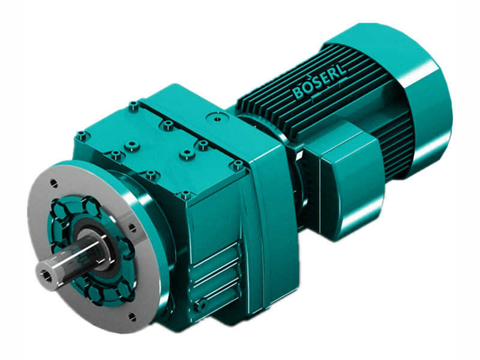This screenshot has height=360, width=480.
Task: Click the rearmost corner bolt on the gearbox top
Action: pos(133,106)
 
